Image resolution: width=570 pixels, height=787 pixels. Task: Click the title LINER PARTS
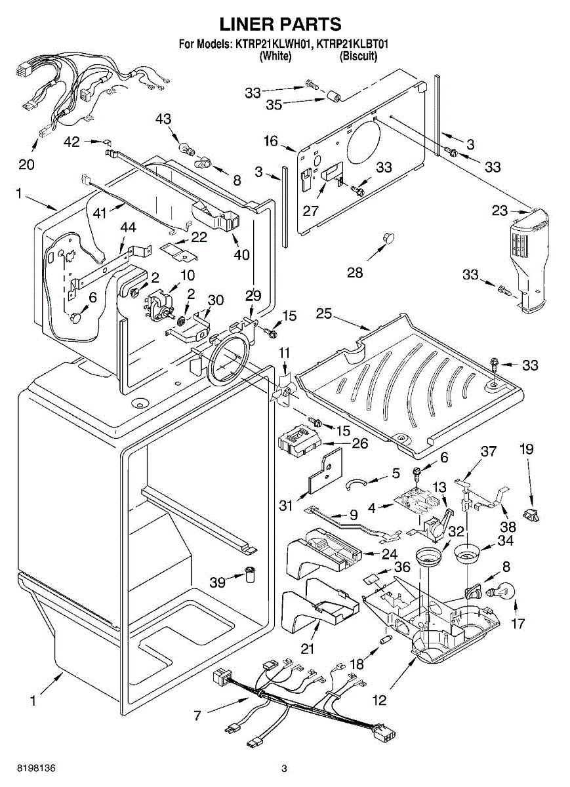pos(280,24)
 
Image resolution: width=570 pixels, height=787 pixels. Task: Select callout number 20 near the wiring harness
pos(26,164)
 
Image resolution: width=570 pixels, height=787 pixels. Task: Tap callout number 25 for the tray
pos(324,314)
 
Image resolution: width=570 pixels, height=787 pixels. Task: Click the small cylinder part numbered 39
pos(250,575)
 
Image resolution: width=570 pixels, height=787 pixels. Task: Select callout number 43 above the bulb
pos(163,119)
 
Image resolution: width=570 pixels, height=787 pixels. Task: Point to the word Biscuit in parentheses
pos(358,56)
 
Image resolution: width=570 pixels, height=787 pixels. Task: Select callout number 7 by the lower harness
pos(197,715)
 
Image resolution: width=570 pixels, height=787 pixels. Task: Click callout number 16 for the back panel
pos(271,140)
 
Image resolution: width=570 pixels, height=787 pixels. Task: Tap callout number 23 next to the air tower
pos(500,211)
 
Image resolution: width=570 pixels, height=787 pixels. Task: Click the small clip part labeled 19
pos(531,514)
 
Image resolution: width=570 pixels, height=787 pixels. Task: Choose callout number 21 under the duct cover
pos(307,649)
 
